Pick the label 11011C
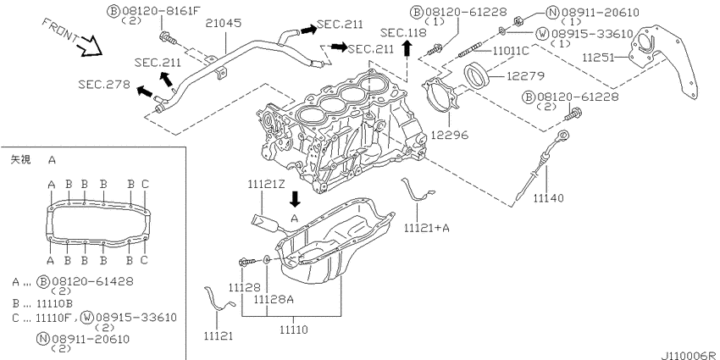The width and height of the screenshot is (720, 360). (511, 52)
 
